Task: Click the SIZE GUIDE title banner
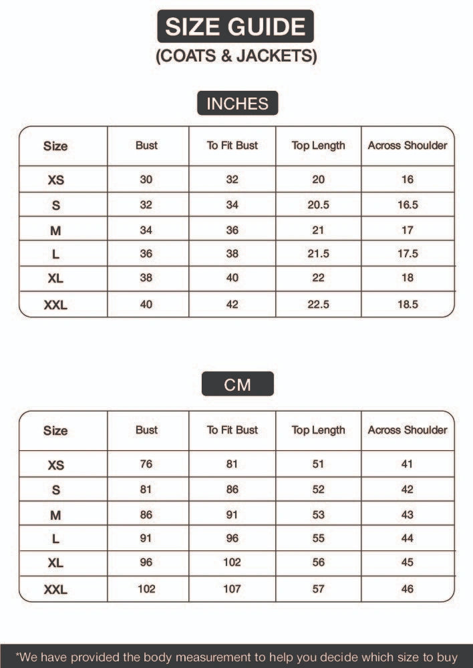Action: (x=236, y=27)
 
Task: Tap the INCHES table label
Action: (x=237, y=104)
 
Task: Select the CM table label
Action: (x=237, y=384)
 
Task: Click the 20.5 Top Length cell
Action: (x=318, y=205)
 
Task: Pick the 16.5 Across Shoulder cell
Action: (x=408, y=205)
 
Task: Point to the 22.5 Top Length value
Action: (x=318, y=305)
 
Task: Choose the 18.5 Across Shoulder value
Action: (x=408, y=305)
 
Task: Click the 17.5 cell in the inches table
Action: (x=408, y=255)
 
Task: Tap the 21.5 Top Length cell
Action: (x=318, y=255)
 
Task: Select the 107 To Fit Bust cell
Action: (x=232, y=589)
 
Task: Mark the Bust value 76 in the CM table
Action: (x=146, y=464)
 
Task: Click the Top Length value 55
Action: (x=318, y=538)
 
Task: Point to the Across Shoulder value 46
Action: (x=408, y=589)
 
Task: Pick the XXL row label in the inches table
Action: (x=55, y=305)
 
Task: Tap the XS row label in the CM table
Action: (x=55, y=465)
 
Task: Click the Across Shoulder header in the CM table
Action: (x=408, y=430)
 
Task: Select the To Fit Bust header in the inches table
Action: (x=232, y=146)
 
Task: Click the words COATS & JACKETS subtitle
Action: (x=236, y=56)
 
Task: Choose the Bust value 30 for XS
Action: (x=146, y=180)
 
